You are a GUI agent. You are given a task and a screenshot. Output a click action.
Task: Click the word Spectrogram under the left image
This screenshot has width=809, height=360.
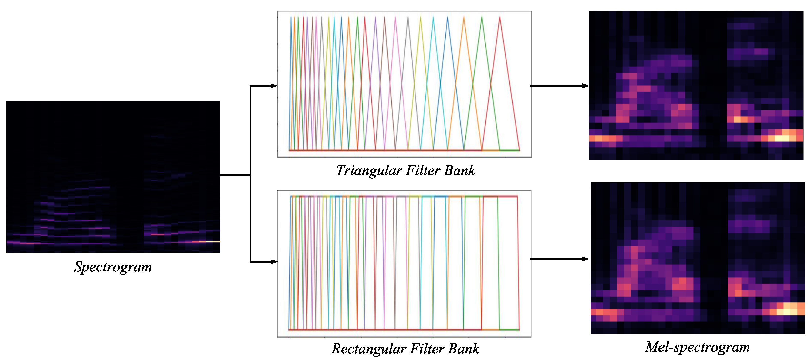pyautogui.click(x=113, y=267)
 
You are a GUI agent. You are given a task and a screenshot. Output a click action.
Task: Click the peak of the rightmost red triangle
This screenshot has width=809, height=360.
pyautogui.click(x=500, y=18)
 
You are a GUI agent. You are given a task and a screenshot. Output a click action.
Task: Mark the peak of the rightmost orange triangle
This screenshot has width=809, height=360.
pyautogui.click(x=464, y=18)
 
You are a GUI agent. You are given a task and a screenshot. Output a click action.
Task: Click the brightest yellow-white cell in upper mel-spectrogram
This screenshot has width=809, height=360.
pyautogui.click(x=782, y=138)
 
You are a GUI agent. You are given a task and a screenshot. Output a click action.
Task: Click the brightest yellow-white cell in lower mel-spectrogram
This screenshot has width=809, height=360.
pyautogui.click(x=787, y=312)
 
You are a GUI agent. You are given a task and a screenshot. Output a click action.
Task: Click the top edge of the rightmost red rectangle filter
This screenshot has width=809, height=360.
pyautogui.click(x=500, y=197)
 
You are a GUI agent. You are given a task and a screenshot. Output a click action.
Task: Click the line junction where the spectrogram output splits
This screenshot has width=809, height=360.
pyautogui.click(x=250, y=175)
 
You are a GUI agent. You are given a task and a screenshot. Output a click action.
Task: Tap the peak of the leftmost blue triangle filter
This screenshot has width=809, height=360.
pyautogui.click(x=291, y=18)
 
